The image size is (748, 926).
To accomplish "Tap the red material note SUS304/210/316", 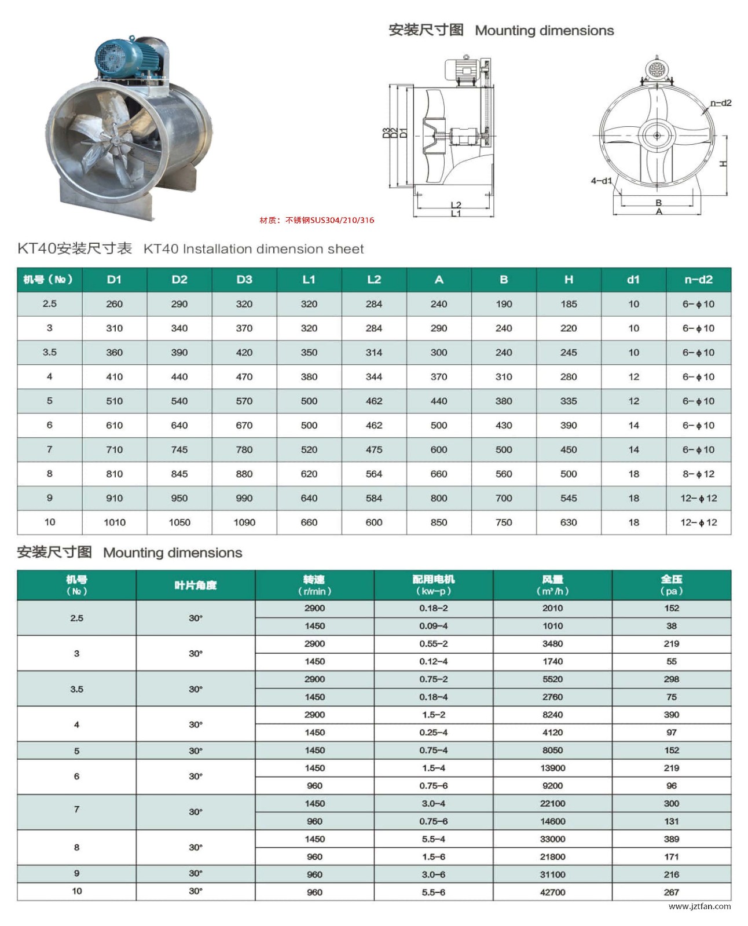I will point(317,220).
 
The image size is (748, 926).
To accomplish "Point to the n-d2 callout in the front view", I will point(721,103).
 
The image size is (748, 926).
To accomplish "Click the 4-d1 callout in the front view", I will point(601,181).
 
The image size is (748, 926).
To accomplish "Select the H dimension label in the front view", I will point(723,164).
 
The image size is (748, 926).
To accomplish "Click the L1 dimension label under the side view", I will point(456,214).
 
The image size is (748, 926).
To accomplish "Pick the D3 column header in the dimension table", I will point(244,280).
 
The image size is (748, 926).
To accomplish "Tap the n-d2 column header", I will point(698,280).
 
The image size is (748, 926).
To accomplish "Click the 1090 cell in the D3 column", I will point(244,522).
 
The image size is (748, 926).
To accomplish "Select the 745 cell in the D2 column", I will point(179,449).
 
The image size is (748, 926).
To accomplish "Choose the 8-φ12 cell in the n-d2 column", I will point(698,474).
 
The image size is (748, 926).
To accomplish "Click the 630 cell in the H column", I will point(569,522).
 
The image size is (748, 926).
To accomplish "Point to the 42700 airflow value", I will point(552,892).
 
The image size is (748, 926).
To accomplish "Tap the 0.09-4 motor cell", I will point(434,626).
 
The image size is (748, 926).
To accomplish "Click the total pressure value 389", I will point(672,839).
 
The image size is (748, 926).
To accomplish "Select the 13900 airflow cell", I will point(552,768).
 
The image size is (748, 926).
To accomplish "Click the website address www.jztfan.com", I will point(699,906).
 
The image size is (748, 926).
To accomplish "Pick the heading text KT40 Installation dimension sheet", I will point(254,249).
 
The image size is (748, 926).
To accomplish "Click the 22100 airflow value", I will point(552,804).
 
